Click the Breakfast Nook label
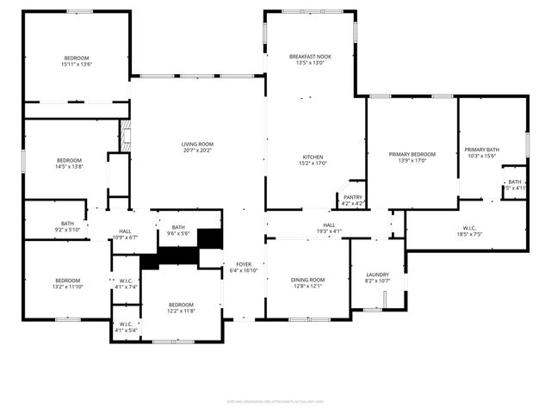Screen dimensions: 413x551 [310, 57]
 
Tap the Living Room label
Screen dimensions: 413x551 [197, 145]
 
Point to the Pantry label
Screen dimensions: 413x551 [353, 197]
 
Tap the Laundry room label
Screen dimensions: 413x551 [378, 274]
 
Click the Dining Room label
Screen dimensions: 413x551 [307, 280]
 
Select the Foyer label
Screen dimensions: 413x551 [244, 264]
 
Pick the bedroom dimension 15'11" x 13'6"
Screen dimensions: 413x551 [77, 64]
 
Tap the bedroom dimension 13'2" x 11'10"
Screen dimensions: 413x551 [68, 286]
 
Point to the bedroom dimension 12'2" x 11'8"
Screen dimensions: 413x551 [181, 310]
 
